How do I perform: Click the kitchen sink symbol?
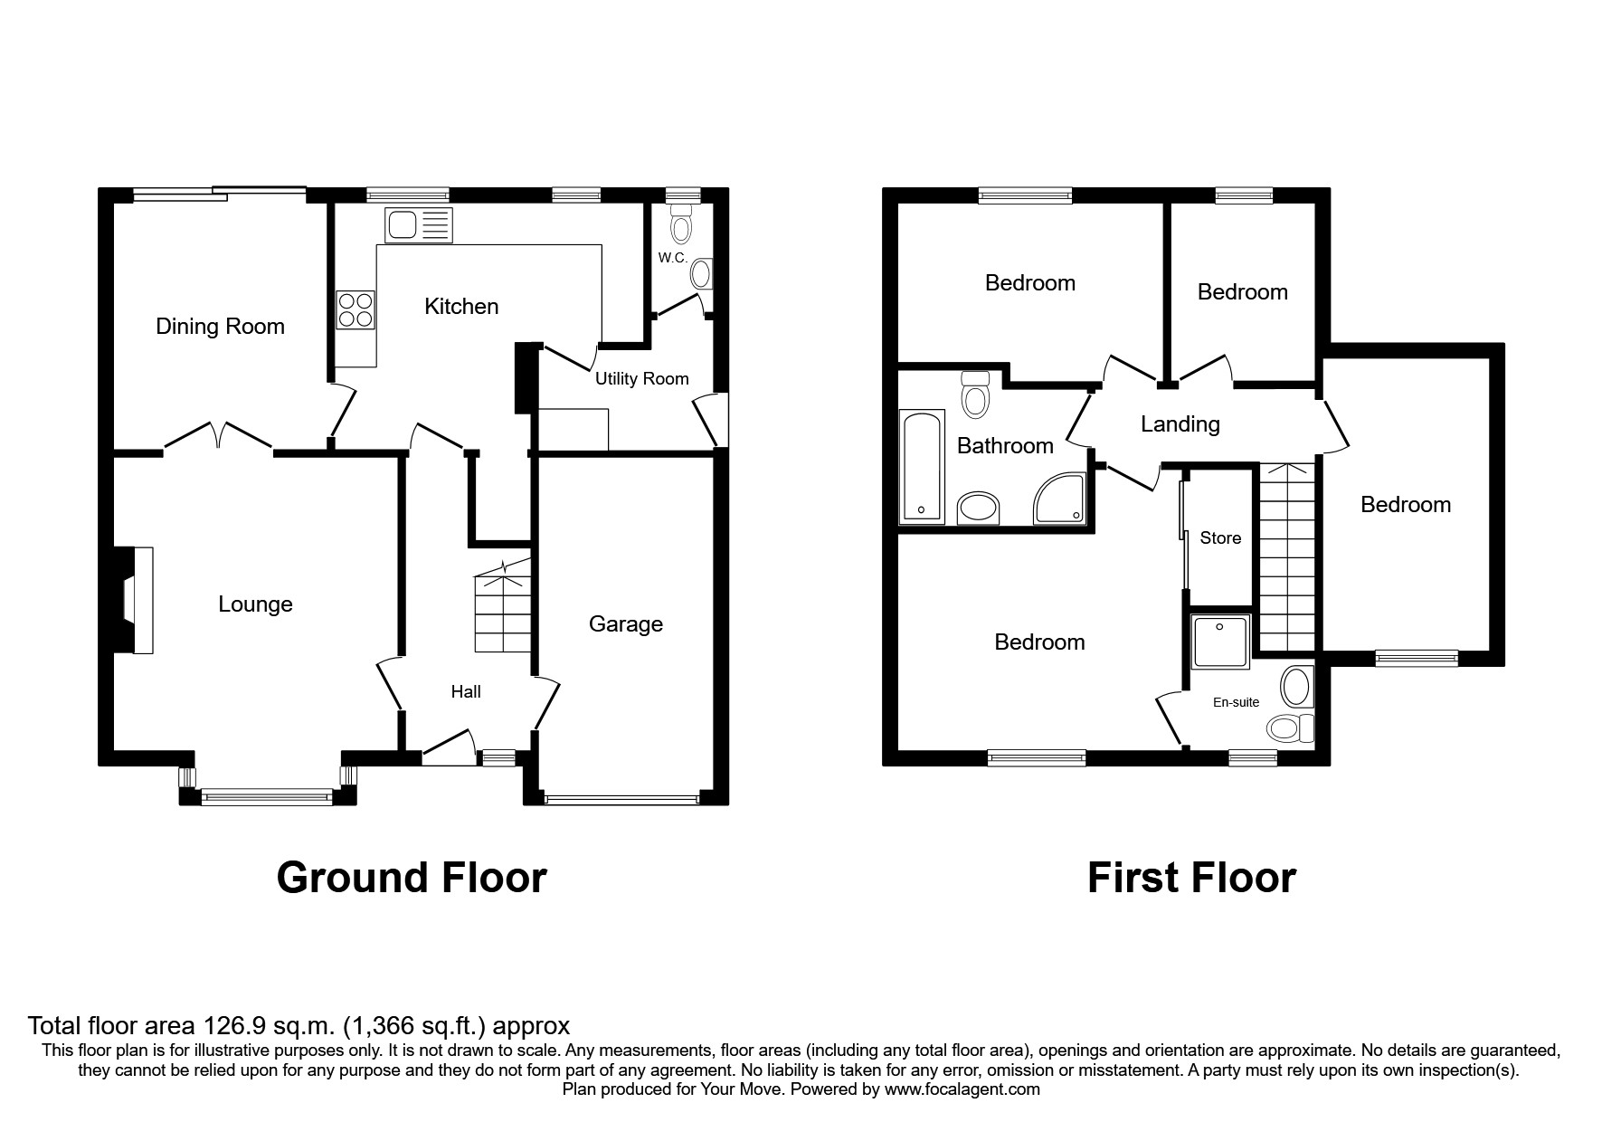418,225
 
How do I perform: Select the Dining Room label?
220,327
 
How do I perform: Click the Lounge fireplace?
135,600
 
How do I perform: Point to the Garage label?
625,624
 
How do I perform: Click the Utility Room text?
641,379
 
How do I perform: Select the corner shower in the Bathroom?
1060,499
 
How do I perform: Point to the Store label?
1220,538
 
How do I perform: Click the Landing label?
1180,424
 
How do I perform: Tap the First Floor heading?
1191,878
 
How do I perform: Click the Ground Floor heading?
412,878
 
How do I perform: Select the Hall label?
466,692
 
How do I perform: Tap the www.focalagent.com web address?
962,1089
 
